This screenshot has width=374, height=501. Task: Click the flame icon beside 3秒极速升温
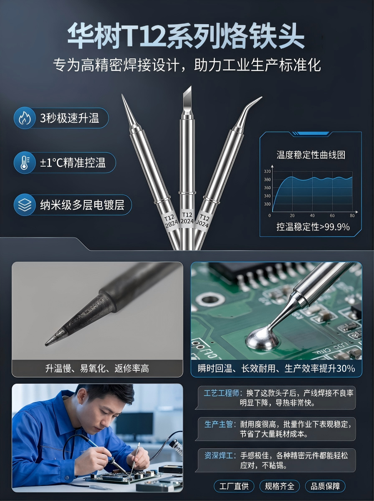(25, 118)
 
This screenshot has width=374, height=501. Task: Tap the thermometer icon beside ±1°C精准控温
(25, 162)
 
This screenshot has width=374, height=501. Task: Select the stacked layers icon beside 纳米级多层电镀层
(25, 205)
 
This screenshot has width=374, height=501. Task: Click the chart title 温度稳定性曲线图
(311, 155)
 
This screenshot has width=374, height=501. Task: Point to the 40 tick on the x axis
(312, 215)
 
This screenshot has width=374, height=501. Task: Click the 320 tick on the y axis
(267, 172)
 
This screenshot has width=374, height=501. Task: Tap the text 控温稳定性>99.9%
(313, 227)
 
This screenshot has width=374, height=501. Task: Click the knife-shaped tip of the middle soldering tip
(187, 99)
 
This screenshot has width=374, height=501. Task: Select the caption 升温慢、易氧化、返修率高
(97, 368)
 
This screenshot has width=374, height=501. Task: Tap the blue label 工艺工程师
(221, 393)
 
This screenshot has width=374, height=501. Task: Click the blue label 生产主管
(219, 424)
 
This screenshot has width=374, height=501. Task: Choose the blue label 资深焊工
(219, 455)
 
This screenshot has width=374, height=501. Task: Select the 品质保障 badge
(325, 486)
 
